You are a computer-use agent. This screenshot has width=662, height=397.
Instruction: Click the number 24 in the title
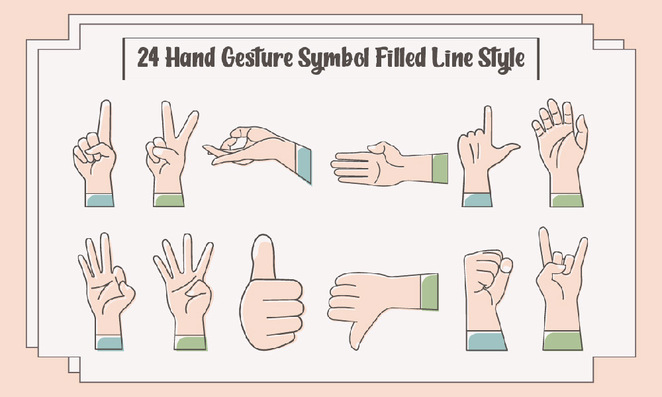tap(148, 58)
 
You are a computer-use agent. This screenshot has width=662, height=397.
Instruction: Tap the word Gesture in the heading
tap(257, 58)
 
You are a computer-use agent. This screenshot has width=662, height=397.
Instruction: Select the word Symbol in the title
tap(334, 59)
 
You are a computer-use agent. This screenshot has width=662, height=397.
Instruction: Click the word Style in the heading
tap(501, 59)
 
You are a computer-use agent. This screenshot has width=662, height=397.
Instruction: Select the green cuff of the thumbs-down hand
tap(430, 292)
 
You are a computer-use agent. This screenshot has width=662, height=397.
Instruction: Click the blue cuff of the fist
tap(487, 341)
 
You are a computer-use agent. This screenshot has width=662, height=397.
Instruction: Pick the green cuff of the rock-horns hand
tap(562, 341)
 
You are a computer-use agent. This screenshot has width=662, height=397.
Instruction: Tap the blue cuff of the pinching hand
tap(304, 164)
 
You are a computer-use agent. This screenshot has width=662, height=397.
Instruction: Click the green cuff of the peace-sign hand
tap(168, 200)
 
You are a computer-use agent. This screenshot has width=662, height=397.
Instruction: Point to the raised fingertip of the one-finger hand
tap(105, 104)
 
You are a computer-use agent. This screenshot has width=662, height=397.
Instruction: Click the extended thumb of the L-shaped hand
tap(506, 148)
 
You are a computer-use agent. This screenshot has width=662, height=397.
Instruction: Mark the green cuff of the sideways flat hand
tap(440, 168)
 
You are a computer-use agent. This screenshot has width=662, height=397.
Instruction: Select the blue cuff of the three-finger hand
tap(109, 343)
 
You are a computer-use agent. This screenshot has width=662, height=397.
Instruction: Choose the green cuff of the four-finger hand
tap(191, 343)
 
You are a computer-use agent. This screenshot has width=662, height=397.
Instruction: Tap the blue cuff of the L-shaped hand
tap(477, 200)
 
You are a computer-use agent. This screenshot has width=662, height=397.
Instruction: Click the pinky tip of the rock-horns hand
tap(583, 242)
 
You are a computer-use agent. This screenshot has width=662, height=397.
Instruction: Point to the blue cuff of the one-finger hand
tap(100, 200)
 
